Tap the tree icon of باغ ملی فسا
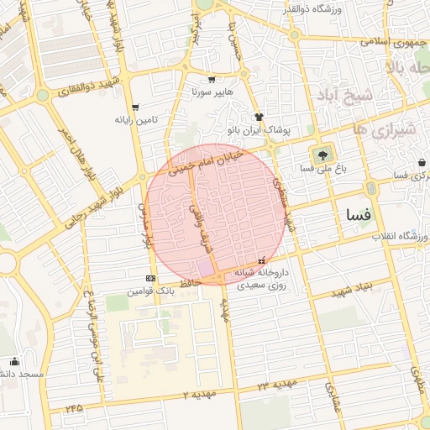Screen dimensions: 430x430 322,155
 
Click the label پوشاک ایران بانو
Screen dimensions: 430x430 259,131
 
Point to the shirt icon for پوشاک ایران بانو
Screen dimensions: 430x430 259,118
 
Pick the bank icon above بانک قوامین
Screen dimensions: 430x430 150,278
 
